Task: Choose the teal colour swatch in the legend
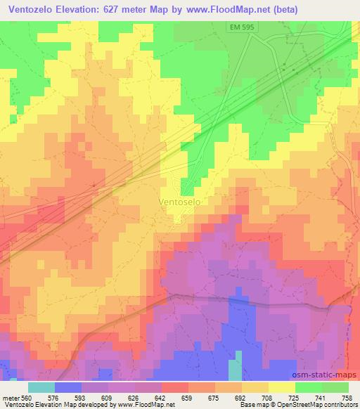(41, 387)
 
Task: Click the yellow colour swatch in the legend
(281, 387)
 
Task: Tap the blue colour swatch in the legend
(68, 387)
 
